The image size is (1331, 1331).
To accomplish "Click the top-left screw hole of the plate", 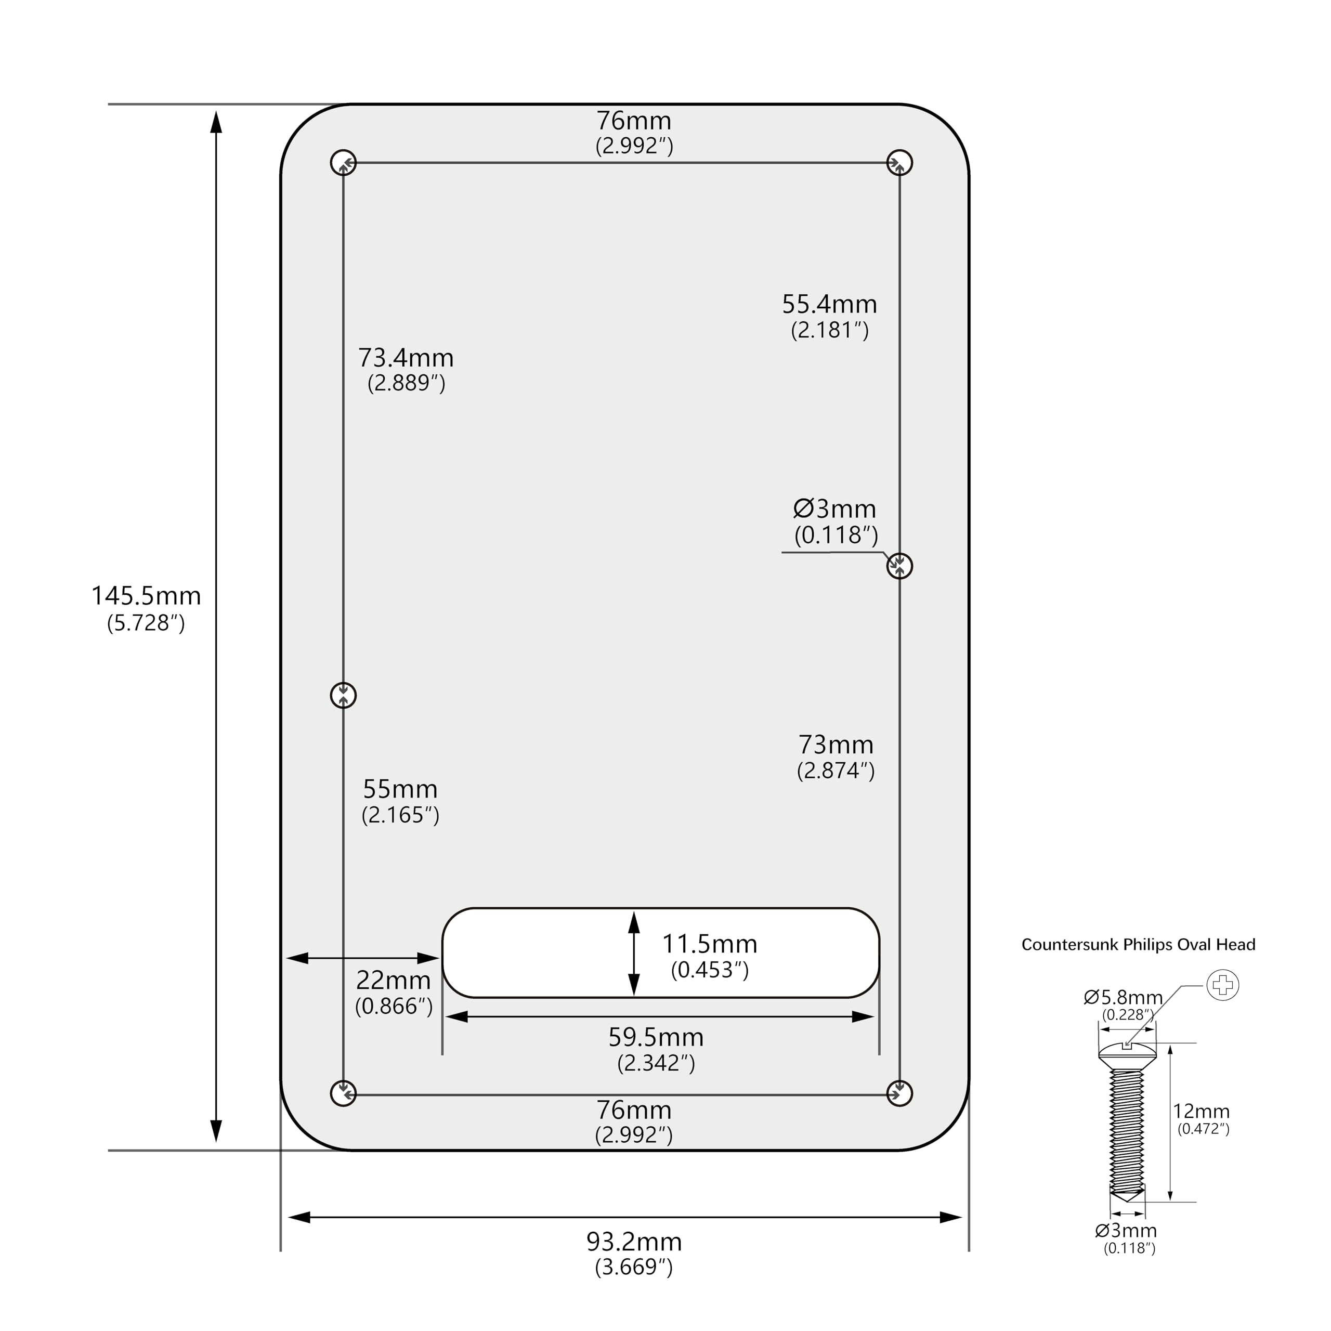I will coord(343,163).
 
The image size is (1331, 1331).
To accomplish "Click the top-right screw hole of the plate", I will coord(899,163).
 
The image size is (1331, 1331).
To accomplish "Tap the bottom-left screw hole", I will coord(343,1093).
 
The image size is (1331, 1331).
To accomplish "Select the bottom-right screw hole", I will coord(899,1093).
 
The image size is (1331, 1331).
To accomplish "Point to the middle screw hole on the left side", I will coord(343,695).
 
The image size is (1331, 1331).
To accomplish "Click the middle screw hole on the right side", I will coord(899,566).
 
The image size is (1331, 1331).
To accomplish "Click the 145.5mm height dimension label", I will coord(146,596).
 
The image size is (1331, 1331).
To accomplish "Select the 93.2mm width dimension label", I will coord(634,1242).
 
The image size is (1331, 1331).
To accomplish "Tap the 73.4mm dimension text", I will coord(406,358).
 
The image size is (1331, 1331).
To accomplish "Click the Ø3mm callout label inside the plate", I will coord(835,509).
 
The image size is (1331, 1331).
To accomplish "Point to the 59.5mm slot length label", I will coord(656,1038).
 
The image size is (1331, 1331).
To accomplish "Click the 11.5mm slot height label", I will coord(710,944).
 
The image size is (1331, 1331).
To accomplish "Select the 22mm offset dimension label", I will coord(394,981).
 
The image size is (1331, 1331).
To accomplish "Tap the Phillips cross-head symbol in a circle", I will coord(1223,985).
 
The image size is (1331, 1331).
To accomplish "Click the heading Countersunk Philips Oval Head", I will coord(1138,945).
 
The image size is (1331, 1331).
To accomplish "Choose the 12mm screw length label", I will coord(1202,1111).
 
